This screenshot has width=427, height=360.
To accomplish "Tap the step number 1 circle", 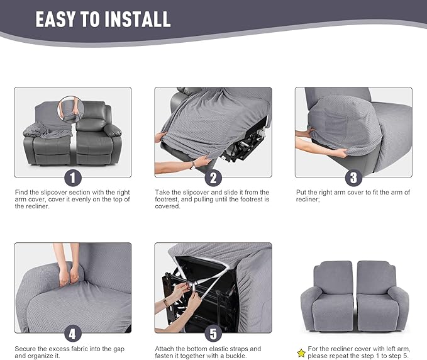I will pyautogui.click(x=74, y=177).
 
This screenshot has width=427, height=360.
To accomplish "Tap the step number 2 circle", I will pyautogui.click(x=213, y=177).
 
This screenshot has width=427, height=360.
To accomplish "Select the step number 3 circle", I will pyautogui.click(x=353, y=177).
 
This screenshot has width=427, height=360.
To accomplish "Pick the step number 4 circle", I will pyautogui.click(x=74, y=333).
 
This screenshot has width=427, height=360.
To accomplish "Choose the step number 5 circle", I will pyautogui.click(x=213, y=333).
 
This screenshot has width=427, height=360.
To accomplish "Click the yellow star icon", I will pyautogui.click(x=301, y=352).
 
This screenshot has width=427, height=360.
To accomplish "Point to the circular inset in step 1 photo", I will pyautogui.click(x=70, y=109).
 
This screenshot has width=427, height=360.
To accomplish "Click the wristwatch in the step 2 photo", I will pyautogui.click(x=192, y=165).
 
